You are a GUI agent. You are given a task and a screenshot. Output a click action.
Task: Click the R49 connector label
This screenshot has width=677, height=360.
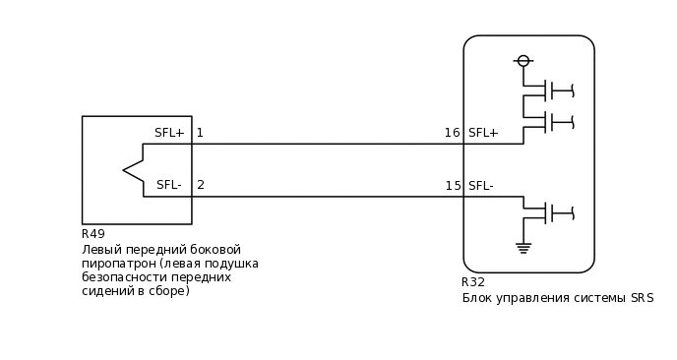tap(93, 234)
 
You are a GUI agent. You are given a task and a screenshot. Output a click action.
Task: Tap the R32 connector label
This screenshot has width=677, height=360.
tap(473, 282)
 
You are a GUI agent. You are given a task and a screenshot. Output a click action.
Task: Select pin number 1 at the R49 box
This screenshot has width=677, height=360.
tap(200, 133)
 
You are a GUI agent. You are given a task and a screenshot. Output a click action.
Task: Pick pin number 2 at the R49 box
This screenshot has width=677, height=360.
tap(201, 185)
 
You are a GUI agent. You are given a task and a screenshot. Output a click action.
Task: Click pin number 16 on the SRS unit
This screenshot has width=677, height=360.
tap(452, 133)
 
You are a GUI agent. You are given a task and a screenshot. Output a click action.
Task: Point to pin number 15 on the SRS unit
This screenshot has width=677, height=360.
tap(453, 186)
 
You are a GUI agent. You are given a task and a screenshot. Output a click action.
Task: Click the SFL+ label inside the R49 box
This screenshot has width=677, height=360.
tap(169, 133)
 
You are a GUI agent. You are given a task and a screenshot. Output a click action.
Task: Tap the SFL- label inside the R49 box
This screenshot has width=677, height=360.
tap(168, 185)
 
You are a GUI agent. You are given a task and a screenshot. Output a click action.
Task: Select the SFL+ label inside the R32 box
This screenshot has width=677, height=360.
tap(483, 133)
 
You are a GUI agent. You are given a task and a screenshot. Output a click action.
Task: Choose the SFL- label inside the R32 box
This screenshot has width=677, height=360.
tap(481, 186)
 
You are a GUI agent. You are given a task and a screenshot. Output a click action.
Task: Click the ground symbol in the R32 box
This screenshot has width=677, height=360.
tap(523, 248)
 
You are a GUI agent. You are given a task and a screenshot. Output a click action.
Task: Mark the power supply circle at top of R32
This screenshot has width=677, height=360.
tap(523, 61)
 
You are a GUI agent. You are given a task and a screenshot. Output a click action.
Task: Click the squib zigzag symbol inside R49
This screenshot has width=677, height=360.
tap(134, 170)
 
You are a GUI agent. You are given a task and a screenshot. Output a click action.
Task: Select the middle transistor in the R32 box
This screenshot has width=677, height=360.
tap(551, 122)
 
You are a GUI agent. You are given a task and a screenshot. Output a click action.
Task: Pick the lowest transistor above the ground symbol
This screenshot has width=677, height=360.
tap(551, 212)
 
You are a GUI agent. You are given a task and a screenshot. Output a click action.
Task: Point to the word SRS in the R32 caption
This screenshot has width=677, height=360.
tap(642, 298)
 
